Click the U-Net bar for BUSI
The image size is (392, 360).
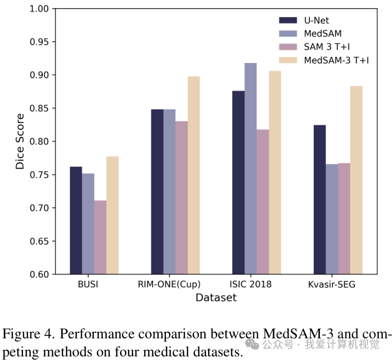pos(76,220)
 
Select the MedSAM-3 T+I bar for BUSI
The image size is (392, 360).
pos(112,215)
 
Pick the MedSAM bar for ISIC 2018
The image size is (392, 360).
pos(251,168)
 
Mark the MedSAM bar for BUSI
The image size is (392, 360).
pos(88,223)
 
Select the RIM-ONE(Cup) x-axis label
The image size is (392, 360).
pos(169,284)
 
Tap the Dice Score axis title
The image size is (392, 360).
pos(20,141)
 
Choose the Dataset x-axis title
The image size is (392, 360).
pos(216,298)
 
